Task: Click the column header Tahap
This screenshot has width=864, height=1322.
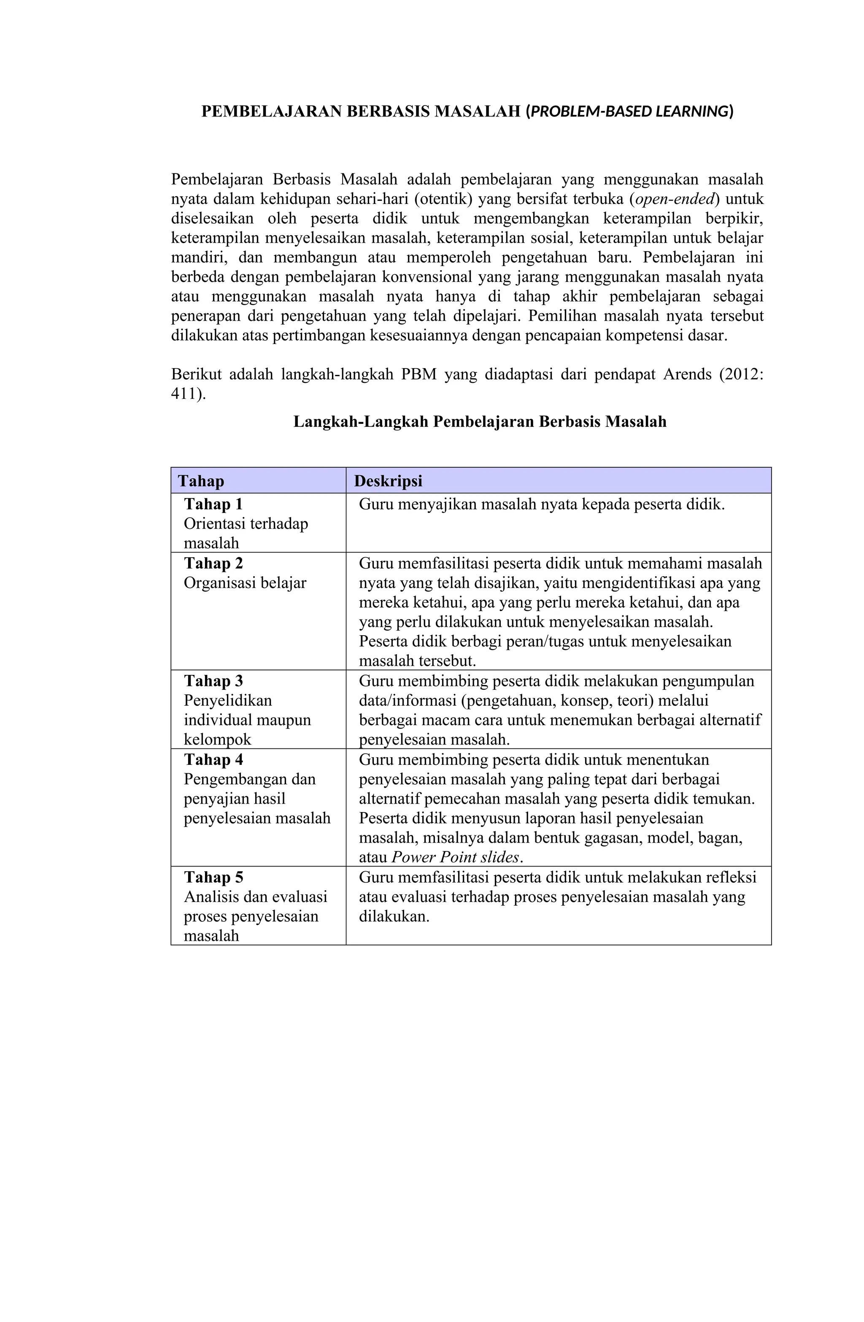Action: tap(200, 481)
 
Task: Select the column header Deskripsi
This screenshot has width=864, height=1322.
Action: tap(388, 481)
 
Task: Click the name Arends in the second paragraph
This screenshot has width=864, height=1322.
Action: tap(687, 374)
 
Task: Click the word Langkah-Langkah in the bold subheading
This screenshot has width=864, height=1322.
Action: tap(361, 422)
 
